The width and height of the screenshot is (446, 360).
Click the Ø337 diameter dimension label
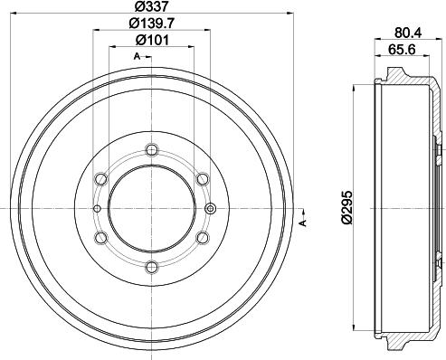(150, 7)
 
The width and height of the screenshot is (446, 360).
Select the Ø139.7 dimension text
(150, 24)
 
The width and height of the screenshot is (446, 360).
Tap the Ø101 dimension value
(150, 41)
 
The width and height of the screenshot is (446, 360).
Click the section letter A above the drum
(137, 57)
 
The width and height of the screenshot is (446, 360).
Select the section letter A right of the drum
(303, 223)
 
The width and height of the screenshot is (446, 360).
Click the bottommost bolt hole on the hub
(149, 266)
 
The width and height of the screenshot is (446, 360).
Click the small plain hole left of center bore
(96, 209)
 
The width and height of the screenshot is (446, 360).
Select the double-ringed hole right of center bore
(211, 209)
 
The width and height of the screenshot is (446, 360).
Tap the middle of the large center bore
(150, 208)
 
